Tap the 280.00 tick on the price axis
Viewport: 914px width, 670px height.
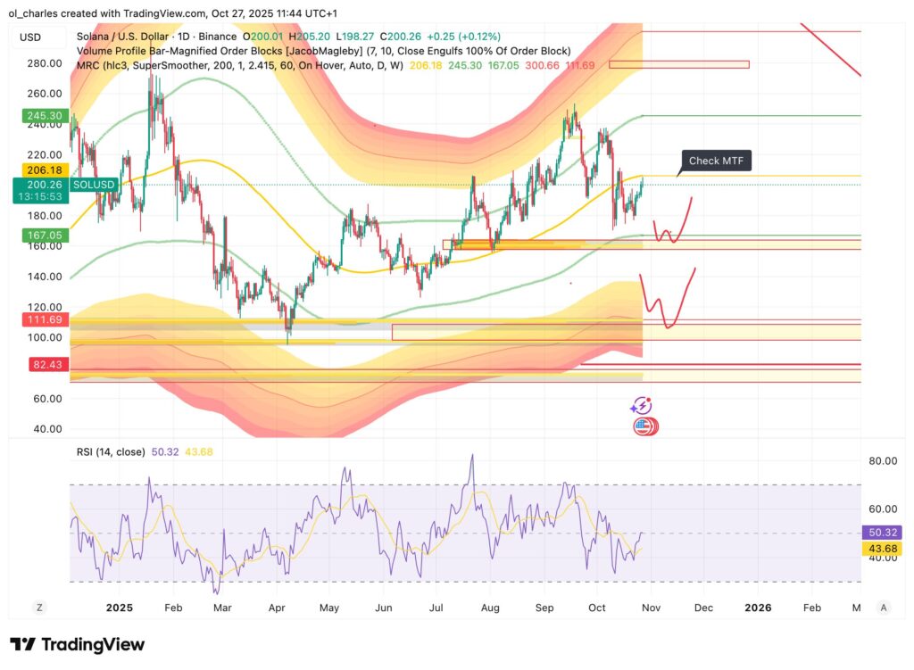44,63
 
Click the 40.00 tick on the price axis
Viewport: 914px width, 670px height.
46,429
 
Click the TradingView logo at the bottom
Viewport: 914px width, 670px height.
77,644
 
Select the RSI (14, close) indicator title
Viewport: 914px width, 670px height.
110,452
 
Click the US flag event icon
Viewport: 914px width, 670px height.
642,426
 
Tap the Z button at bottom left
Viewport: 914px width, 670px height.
39,608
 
